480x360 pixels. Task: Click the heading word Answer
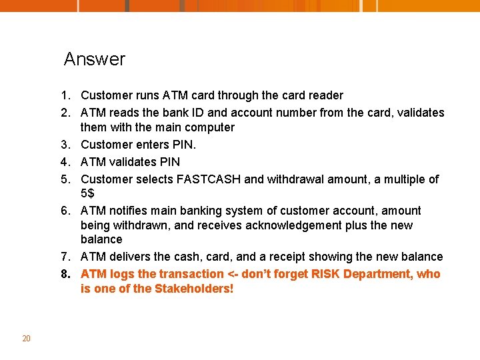pyautogui.click(x=94, y=59)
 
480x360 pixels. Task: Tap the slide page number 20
pyautogui.click(x=26, y=339)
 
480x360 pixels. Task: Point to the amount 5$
pyautogui.click(x=87, y=194)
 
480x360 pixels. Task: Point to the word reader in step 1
pyautogui.click(x=327, y=95)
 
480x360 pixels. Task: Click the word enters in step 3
pyautogui.click(x=145, y=145)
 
